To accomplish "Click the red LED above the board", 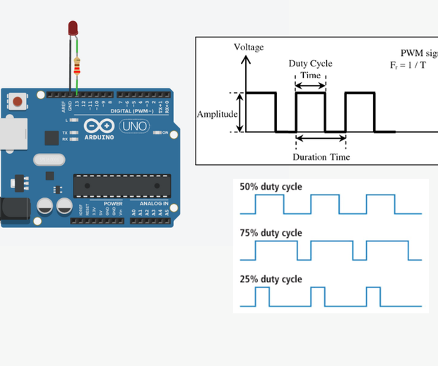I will [73, 28].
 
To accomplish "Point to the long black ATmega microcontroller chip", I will [122, 185].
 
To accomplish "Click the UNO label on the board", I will [134, 127].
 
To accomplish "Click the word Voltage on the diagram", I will [248, 47].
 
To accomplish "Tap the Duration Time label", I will [321, 156].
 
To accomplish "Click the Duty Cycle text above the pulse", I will [310, 64].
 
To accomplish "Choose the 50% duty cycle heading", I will [271, 188].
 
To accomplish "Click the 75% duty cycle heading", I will [271, 233].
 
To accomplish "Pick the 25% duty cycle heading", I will [271, 279].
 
